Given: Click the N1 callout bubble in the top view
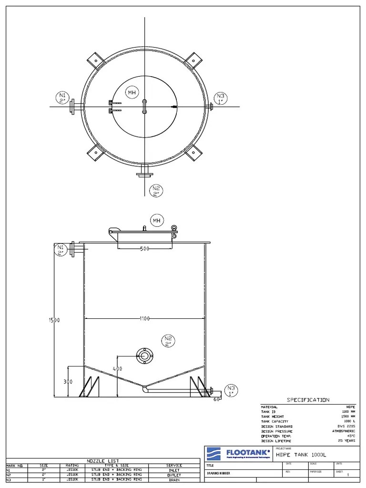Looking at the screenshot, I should pyautogui.click(x=62, y=98).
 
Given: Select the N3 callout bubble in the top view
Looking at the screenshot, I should pyautogui.click(x=220, y=98).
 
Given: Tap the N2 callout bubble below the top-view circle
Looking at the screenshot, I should pyautogui.click(x=156, y=191).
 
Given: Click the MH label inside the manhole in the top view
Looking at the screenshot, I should pyautogui.click(x=132, y=92).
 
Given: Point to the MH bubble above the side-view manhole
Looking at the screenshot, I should pyautogui.click(x=156, y=220).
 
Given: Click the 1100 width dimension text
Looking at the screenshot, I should pyautogui.click(x=145, y=318).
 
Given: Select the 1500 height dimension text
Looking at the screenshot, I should pyautogui.click(x=53, y=320).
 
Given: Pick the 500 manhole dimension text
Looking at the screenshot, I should pyautogui.click(x=145, y=249).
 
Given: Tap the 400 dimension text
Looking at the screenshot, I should pyautogui.click(x=117, y=369).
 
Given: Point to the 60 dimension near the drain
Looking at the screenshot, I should pyautogui.click(x=216, y=399).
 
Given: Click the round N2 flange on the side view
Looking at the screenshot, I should pyautogui.click(x=144, y=355).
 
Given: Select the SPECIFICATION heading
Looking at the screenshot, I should pyautogui.click(x=307, y=400).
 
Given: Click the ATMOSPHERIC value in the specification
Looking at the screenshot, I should pyautogui.click(x=343, y=431).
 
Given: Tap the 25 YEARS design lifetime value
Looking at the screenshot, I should pyautogui.click(x=346, y=441).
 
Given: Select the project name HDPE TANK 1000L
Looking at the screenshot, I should pyautogui.click(x=301, y=455).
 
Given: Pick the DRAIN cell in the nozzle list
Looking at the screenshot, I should pyautogui.click(x=174, y=480).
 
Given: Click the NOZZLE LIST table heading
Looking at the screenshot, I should pyautogui.click(x=102, y=461).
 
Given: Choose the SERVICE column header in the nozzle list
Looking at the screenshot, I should pyautogui.click(x=174, y=466).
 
